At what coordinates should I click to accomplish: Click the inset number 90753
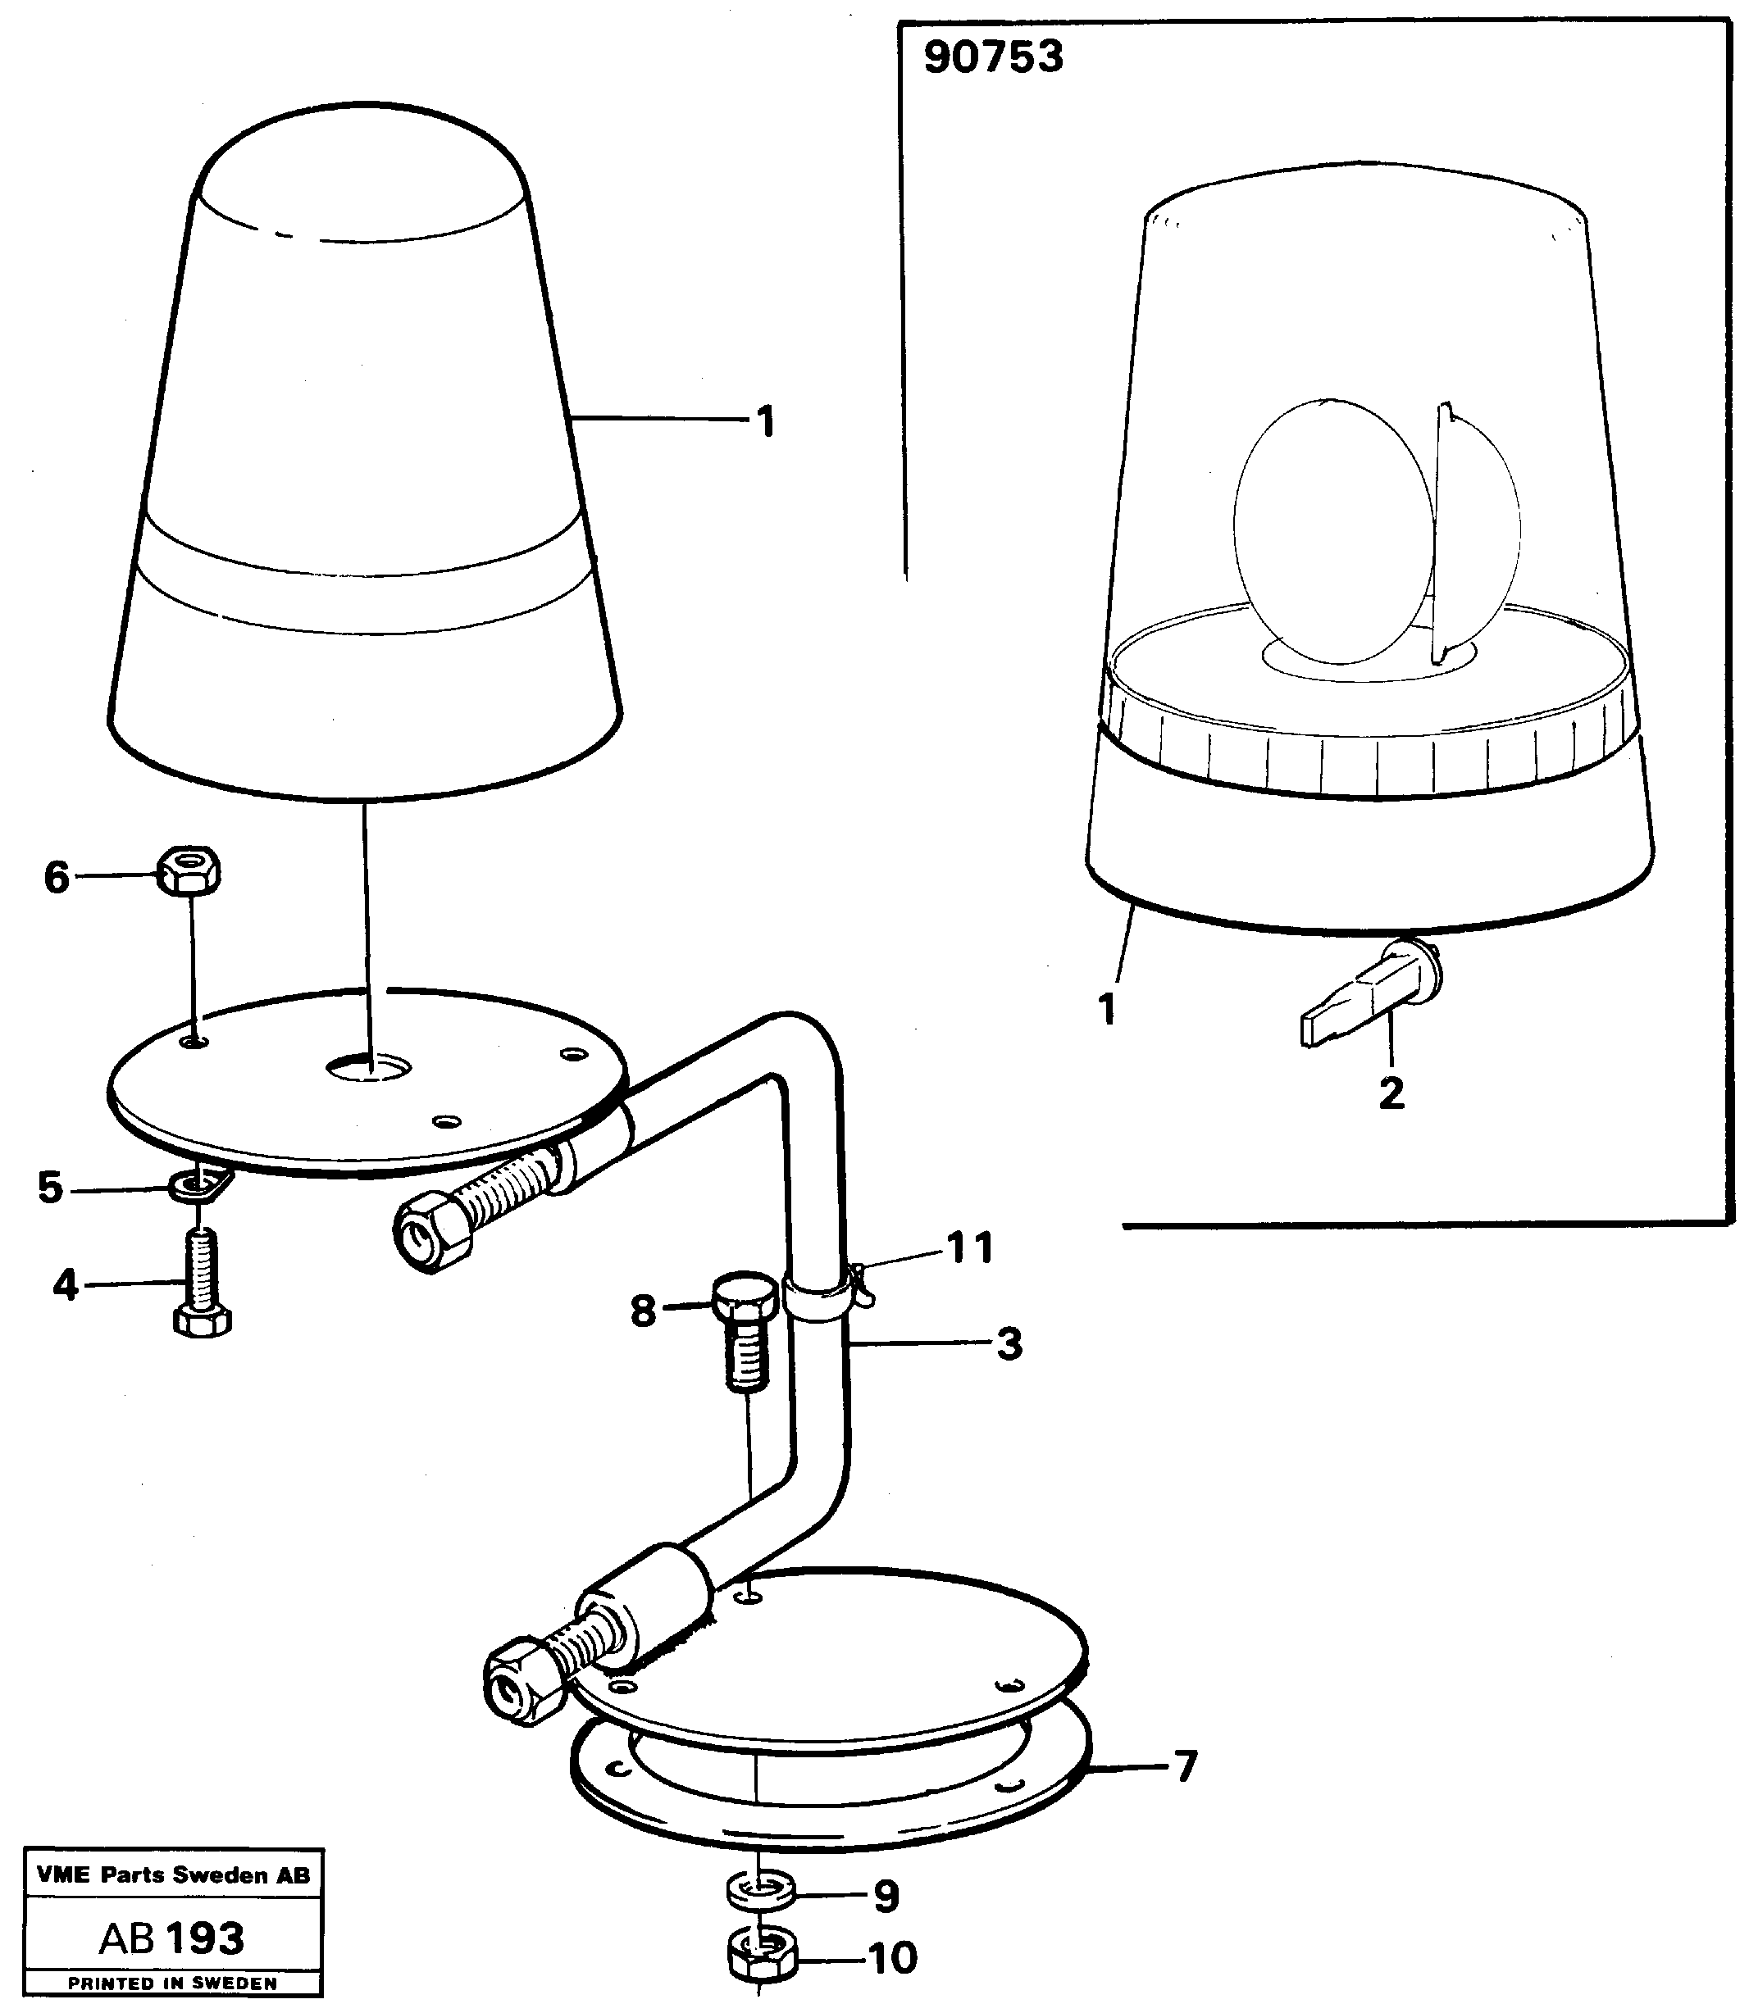tap(993, 57)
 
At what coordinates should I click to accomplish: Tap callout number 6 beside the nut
tap(57, 878)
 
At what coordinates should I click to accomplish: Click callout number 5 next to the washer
tap(50, 1188)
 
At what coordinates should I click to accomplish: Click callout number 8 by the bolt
tap(642, 1311)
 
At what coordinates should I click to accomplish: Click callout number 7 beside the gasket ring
tap(1185, 1766)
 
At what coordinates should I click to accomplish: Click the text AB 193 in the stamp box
tap(171, 1937)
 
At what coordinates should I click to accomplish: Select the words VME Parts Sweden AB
tap(173, 1874)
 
